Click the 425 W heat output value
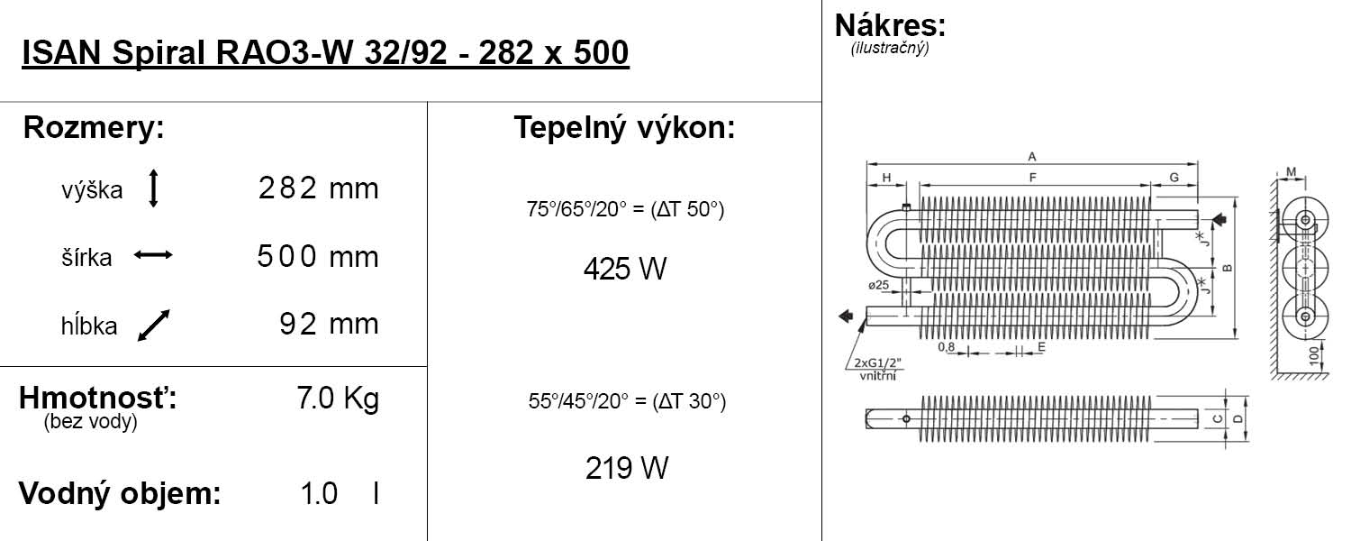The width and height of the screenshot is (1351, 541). click(624, 269)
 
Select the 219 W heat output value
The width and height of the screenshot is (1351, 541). click(626, 468)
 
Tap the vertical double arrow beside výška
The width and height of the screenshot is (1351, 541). click(153, 189)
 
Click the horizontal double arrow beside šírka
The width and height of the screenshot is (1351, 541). click(153, 256)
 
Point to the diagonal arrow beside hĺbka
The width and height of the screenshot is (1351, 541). click(154, 325)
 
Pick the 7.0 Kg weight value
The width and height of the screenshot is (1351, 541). click(338, 399)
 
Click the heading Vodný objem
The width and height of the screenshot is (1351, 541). click(120, 494)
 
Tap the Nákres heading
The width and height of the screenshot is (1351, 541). click(890, 24)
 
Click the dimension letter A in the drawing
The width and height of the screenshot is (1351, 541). click(1031, 157)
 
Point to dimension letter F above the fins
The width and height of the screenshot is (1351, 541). click(1032, 178)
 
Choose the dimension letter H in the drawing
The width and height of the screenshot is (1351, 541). click(887, 178)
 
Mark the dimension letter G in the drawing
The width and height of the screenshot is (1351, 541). click(1174, 178)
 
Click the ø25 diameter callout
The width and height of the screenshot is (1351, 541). click(879, 285)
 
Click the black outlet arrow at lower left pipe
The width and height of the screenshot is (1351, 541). click(846, 315)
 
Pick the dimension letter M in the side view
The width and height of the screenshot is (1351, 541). click(1291, 171)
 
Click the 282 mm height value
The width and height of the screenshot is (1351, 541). click(318, 189)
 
